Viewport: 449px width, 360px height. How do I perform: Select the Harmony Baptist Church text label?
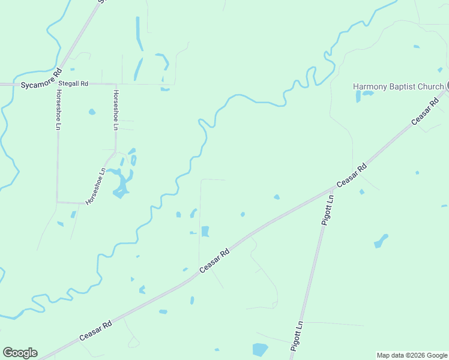click(x=397, y=86)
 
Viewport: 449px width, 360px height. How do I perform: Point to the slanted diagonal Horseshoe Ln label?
click(x=95, y=186)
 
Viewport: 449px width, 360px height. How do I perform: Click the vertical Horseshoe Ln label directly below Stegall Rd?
click(x=115, y=110)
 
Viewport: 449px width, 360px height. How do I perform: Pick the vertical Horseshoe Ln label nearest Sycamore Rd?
click(x=58, y=110)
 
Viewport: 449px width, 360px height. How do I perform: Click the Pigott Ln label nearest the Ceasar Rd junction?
click(x=327, y=209)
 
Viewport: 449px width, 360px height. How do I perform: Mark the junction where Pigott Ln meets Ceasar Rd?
click(x=331, y=190)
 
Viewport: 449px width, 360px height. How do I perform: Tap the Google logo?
click(x=20, y=353)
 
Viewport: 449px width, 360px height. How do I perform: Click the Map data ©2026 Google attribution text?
click(x=412, y=355)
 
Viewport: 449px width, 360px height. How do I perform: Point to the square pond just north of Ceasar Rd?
click(x=205, y=231)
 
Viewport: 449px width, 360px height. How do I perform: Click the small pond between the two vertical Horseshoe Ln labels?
click(x=92, y=112)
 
